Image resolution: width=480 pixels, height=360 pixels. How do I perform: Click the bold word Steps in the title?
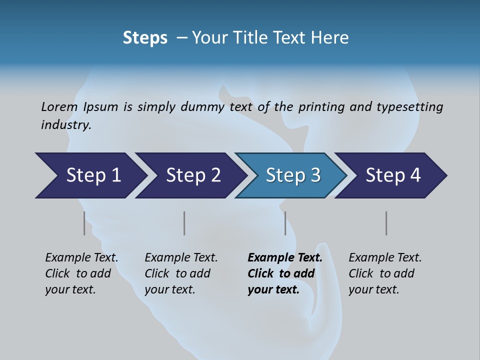pyautogui.click(x=145, y=38)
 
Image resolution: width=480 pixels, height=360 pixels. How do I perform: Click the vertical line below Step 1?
pyautogui.click(x=84, y=223)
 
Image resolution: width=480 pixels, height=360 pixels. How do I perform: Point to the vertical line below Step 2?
pyautogui.click(x=184, y=223)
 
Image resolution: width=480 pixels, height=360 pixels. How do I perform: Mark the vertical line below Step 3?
pyautogui.click(x=285, y=223)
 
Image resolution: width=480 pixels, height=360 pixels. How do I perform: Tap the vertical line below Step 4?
pyautogui.click(x=386, y=223)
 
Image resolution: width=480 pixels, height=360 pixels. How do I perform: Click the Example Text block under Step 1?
pyautogui.click(x=81, y=273)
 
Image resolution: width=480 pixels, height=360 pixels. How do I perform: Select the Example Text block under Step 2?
pyautogui.click(x=181, y=273)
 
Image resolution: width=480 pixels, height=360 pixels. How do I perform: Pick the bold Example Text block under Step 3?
pyautogui.click(x=284, y=273)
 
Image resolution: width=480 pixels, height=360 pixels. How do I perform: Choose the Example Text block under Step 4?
pyautogui.click(x=385, y=273)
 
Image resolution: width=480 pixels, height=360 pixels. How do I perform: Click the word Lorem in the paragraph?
pyautogui.click(x=59, y=107)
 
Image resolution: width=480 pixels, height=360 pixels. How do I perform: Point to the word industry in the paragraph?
pyautogui.click(x=66, y=125)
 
